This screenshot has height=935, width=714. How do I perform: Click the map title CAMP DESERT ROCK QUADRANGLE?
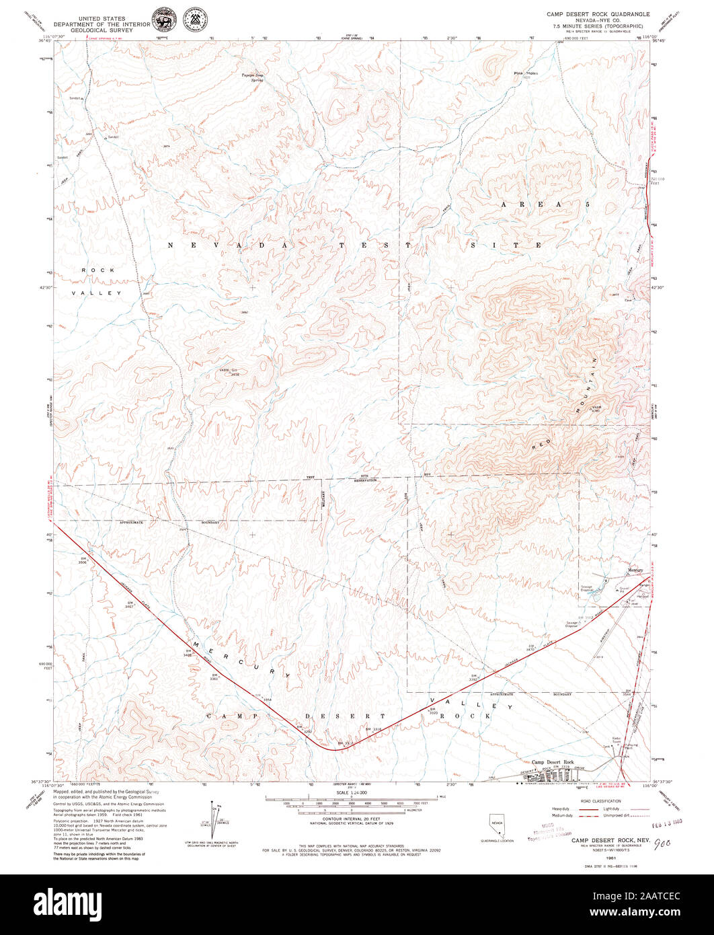tap(598, 13)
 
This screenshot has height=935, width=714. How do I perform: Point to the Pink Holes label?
tap(526, 73)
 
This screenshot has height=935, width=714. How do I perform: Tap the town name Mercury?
tap(635, 571)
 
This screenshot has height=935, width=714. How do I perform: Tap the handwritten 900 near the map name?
tap(663, 841)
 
